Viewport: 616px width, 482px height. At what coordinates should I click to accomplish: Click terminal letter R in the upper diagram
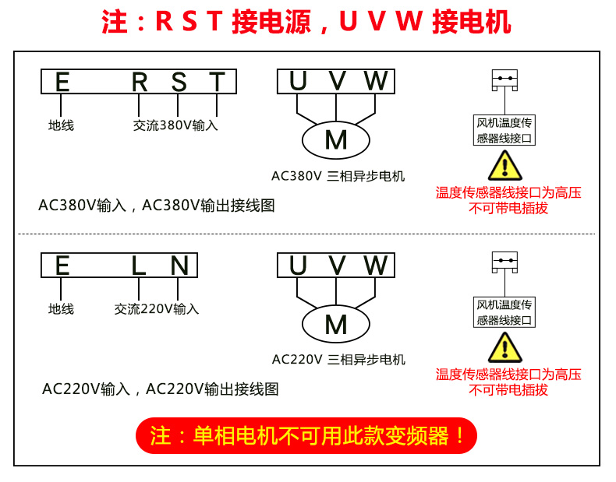(x=140, y=82)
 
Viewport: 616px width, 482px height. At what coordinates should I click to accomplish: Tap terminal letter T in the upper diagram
(x=217, y=82)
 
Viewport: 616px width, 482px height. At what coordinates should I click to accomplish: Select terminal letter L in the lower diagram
(x=139, y=266)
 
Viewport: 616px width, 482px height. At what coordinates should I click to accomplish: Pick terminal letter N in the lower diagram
(x=179, y=266)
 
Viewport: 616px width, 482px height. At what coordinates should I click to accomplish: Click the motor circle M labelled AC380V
(x=336, y=139)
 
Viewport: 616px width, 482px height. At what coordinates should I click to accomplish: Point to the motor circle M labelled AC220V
(x=336, y=324)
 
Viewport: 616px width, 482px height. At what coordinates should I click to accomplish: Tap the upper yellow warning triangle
(x=505, y=165)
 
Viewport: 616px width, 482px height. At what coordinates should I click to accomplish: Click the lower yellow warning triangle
(x=505, y=348)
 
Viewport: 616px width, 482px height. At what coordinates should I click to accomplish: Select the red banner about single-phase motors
(x=306, y=435)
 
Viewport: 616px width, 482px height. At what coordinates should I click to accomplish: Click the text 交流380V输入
(x=175, y=125)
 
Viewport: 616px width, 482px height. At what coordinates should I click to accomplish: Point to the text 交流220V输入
(x=157, y=309)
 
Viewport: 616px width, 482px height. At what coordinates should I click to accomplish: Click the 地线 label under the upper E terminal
(x=61, y=125)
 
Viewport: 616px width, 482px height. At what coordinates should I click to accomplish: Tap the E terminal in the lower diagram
(x=62, y=266)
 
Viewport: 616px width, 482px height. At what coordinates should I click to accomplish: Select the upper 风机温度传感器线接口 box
(x=504, y=130)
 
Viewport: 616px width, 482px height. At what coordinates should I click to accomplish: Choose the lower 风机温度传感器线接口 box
(x=504, y=312)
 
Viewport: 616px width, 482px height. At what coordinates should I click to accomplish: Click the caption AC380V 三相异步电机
(x=338, y=176)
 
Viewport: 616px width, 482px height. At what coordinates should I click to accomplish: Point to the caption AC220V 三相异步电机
(x=338, y=360)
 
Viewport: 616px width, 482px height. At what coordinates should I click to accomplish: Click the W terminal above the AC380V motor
(x=375, y=81)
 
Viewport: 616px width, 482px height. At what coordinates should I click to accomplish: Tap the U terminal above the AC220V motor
(x=298, y=266)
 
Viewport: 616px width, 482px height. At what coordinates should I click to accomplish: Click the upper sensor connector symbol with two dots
(x=505, y=79)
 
